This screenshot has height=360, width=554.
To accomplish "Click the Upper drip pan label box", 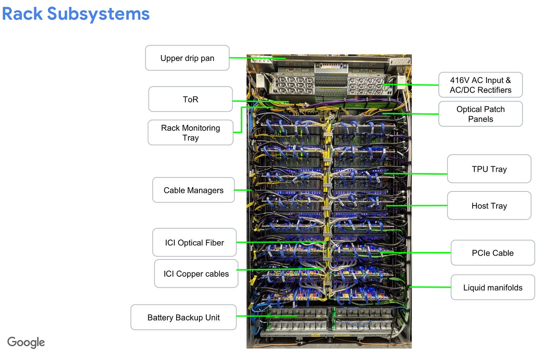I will tap(187, 58).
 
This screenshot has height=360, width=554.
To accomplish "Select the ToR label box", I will tap(190, 99).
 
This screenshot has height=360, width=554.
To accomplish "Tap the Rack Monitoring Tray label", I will tap(190, 133).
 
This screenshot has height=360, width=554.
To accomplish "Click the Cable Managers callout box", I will tap(193, 190).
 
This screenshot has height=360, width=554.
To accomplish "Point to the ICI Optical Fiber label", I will tap(194, 243).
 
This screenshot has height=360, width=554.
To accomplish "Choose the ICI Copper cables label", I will tap(196, 274).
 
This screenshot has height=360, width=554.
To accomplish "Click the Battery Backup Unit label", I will tap(183, 317).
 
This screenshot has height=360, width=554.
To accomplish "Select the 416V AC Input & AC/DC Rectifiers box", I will tap(480, 85).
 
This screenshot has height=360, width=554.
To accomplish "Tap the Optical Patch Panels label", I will tap(480, 114).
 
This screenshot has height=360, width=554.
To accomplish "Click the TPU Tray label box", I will tap(489, 169).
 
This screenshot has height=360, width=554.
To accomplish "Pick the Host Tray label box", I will tap(489, 206).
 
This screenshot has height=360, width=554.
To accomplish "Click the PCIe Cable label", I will tap(492, 253).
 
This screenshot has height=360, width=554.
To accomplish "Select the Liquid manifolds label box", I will tap(492, 288).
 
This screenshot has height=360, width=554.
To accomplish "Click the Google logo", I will tap(26, 342).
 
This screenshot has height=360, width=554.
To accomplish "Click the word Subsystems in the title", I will tap(98, 14).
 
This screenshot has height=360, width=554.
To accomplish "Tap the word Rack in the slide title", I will tap(22, 14).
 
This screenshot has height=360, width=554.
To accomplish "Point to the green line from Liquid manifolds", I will tap(430, 287).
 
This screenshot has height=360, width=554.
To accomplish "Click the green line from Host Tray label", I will tap(419, 205).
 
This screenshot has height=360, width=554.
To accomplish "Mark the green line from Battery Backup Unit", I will tap(266, 316).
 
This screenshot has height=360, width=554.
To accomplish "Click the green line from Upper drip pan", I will tap(257, 58).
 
